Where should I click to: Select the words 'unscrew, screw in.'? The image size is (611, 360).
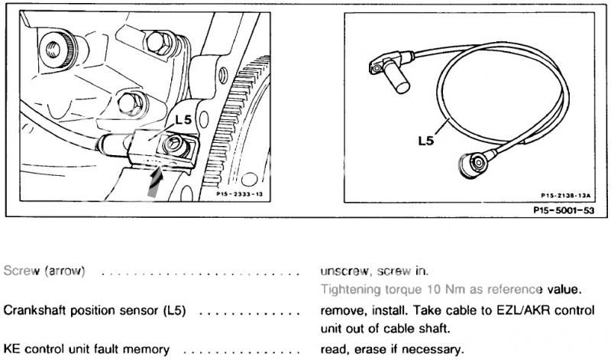coord(374,271)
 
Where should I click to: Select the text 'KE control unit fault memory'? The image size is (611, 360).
coord(86,349)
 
